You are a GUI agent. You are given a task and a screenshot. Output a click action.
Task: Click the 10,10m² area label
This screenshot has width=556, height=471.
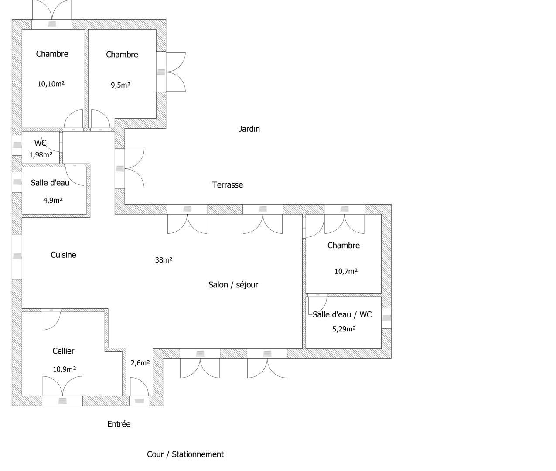[51, 84]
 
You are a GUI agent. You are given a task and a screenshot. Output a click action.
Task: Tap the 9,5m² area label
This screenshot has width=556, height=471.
[120, 85]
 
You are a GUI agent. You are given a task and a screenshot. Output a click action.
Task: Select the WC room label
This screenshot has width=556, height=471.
[41, 143]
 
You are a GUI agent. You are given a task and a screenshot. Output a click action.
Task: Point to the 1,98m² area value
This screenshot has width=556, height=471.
[41, 155]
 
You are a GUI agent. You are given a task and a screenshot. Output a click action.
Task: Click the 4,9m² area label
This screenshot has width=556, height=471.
[53, 200]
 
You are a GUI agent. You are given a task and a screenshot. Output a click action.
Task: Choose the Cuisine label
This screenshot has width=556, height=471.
[63, 255]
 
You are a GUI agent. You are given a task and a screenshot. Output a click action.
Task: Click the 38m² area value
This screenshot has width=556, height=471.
[164, 260]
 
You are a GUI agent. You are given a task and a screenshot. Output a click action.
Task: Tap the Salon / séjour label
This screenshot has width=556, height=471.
[233, 285]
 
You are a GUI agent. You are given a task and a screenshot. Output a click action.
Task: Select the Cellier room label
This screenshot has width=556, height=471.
[63, 351]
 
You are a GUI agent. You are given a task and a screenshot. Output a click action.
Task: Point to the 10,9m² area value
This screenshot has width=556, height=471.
[64, 369]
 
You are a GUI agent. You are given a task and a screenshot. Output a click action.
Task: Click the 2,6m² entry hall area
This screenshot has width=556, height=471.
[140, 363]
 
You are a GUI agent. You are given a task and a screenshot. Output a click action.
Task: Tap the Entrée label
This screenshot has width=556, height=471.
[119, 424]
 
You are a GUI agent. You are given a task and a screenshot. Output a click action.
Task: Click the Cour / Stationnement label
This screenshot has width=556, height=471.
[185, 454]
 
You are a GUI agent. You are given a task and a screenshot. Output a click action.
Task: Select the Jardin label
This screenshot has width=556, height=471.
[249, 129]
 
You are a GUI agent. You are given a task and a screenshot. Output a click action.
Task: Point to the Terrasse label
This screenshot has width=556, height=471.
[228, 185]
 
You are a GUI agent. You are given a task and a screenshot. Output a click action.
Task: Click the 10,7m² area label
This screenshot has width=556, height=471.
[346, 271]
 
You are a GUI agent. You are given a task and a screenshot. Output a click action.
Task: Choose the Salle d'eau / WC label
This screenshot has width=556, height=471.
[342, 314]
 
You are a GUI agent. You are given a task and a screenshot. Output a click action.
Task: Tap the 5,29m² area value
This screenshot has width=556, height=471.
[344, 329]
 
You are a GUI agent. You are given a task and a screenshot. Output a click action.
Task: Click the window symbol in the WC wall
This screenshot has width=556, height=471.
[17, 145]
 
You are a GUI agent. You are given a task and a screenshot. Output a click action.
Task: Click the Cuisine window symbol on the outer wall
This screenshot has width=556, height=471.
[17, 256]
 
